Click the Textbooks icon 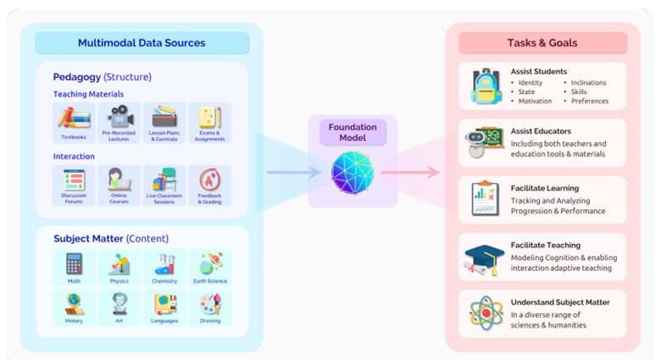[x=74, y=119]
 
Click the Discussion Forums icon [x=74, y=180]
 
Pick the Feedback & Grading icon [x=210, y=180]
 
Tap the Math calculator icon [x=74, y=263]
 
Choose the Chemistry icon [x=164, y=263]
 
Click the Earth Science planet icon [x=210, y=263]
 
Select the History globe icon [x=74, y=304]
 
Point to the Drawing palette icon [x=210, y=304]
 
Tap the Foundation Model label [x=353, y=133]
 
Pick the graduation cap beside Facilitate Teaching [x=486, y=258]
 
